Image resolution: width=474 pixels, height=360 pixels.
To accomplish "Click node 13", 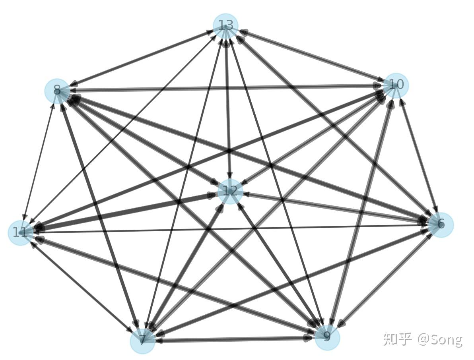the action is point(225,26).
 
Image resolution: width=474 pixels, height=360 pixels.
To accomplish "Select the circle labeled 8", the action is point(57,91).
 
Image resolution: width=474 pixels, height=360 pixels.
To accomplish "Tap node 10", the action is point(396,85).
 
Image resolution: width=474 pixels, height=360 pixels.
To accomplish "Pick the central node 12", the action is point(230,191).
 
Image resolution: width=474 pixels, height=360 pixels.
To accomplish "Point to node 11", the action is point(20,232).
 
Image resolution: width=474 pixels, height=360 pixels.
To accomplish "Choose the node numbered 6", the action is point(441,225).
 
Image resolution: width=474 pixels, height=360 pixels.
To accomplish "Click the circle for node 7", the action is point(142,341).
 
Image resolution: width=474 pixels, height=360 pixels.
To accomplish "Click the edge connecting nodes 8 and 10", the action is point(223,88).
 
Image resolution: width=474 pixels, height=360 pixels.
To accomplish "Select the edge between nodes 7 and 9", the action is point(235,339).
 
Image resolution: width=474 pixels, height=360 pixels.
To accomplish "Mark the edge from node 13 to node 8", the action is point(143,58).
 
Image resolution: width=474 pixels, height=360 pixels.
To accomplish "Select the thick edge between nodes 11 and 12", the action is point(119,213).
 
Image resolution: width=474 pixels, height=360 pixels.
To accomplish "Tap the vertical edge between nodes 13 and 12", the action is point(228,107).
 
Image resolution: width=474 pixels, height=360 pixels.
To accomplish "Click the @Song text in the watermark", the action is point(440,339).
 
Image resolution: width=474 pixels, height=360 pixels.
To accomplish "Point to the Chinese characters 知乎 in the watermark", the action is point(397,339).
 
